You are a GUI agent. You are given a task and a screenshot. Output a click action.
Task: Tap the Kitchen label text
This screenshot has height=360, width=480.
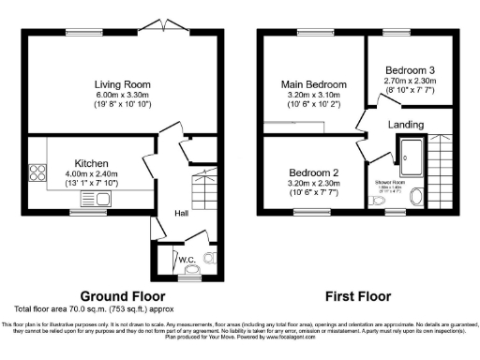91,163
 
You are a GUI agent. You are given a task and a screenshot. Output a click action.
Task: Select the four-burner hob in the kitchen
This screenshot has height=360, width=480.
39,172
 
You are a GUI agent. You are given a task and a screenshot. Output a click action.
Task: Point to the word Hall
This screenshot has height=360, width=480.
183,214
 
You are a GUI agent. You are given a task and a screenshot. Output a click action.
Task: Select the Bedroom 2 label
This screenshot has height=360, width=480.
313,173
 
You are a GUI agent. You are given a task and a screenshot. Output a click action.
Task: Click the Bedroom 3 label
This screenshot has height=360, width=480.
409,70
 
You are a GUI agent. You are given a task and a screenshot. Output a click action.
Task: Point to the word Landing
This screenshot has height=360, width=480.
405,125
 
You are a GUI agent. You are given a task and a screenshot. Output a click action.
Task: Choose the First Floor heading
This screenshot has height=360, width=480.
357,294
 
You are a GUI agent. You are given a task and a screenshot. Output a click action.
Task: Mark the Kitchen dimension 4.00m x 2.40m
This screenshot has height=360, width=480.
91,173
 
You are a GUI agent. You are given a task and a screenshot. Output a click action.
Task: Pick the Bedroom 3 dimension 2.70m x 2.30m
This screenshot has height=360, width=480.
409,81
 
